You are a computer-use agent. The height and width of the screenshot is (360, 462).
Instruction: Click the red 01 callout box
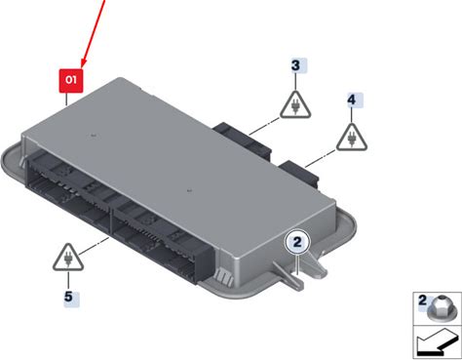coord(71,80)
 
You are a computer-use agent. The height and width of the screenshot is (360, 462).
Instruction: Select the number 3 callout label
coord(295,65)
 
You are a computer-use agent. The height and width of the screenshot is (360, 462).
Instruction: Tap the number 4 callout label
coord(352,100)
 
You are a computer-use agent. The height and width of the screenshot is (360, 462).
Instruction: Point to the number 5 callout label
coord(68,297)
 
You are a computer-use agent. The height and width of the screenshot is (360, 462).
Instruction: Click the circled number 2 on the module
coord(297,242)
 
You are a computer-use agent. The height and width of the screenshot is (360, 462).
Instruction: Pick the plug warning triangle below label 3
coord(295,105)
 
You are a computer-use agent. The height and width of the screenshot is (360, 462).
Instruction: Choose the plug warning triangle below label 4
coord(352,138)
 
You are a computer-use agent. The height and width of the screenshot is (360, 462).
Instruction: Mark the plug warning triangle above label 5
coord(68,258)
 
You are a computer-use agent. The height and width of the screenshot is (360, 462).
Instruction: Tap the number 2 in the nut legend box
coord(422,300)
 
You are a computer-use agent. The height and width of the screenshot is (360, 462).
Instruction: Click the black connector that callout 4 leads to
coord(299,173)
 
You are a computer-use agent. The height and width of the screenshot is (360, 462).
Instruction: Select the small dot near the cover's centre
coord(190,191)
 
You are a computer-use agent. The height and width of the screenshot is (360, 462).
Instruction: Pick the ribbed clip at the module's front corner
coord(224,275)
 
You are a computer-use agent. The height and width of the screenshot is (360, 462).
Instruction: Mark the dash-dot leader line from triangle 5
coord(94,246)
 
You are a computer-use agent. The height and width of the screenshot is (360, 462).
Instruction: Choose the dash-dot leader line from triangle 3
coord(264,126)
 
